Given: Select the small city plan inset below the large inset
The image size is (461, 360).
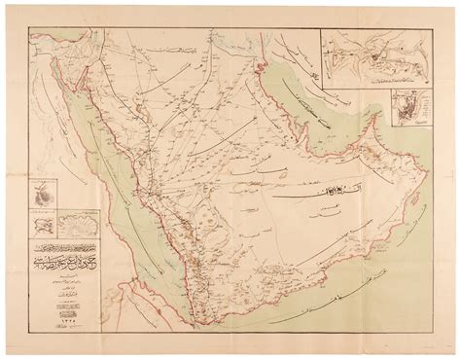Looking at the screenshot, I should click(399, 117).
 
